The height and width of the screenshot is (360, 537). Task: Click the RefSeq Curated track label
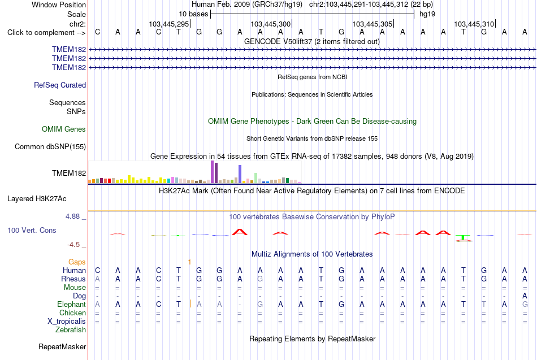[x=60, y=85]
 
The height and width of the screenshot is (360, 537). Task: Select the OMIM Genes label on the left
[x=64, y=129]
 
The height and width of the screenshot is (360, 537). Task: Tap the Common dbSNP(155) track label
[x=50, y=146]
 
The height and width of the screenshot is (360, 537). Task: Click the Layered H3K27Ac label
[x=37, y=199]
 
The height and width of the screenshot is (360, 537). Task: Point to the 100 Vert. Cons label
[x=32, y=230]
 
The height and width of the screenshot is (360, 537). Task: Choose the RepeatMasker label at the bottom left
[x=62, y=346]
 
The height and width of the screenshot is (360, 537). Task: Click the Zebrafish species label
[x=71, y=329]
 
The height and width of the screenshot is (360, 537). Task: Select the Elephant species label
[x=72, y=304]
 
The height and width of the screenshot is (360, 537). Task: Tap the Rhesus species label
[x=73, y=279]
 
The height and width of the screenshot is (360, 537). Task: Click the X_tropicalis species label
[x=67, y=322]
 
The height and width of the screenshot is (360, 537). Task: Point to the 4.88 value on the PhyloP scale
[x=72, y=216]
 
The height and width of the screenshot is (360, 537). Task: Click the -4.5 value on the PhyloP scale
[x=73, y=245]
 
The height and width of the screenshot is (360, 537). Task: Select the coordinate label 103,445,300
[x=271, y=24]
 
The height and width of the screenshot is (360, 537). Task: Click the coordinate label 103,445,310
[x=474, y=24]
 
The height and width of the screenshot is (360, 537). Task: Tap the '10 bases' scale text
[x=193, y=14]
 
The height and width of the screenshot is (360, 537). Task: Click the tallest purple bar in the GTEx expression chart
[x=213, y=172]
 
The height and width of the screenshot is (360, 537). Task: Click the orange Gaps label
[x=77, y=262]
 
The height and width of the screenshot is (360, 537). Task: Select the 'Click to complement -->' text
[x=46, y=33]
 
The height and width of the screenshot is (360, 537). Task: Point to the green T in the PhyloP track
[x=463, y=237]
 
